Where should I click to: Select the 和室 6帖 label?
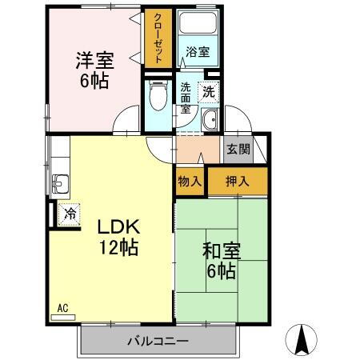pos(218,261)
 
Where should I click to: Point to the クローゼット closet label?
pos(158,38)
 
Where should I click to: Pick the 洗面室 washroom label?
pos(186,99)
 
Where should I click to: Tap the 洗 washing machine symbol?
pos(208,91)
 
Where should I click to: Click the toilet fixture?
pos(158,98)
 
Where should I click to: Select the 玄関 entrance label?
pos(238,149)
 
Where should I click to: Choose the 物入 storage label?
pos(190,182)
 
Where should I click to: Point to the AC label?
pos(62,306)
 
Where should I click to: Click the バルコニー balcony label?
pos(158,342)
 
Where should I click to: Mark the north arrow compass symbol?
pos(304,340)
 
